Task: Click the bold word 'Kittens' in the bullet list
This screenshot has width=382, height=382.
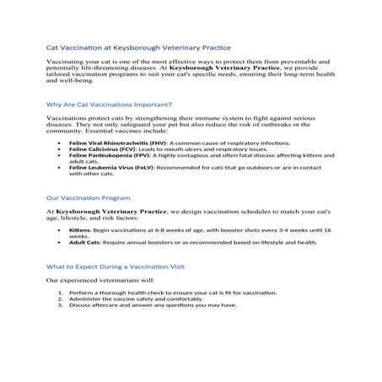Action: pos(80,229)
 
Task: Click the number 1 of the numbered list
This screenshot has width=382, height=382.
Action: pos(60,291)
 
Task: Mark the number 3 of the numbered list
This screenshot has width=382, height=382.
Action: pos(60,304)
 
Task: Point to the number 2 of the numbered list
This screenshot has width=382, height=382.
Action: pos(60,298)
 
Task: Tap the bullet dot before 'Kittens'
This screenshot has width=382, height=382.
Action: pos(59,229)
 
